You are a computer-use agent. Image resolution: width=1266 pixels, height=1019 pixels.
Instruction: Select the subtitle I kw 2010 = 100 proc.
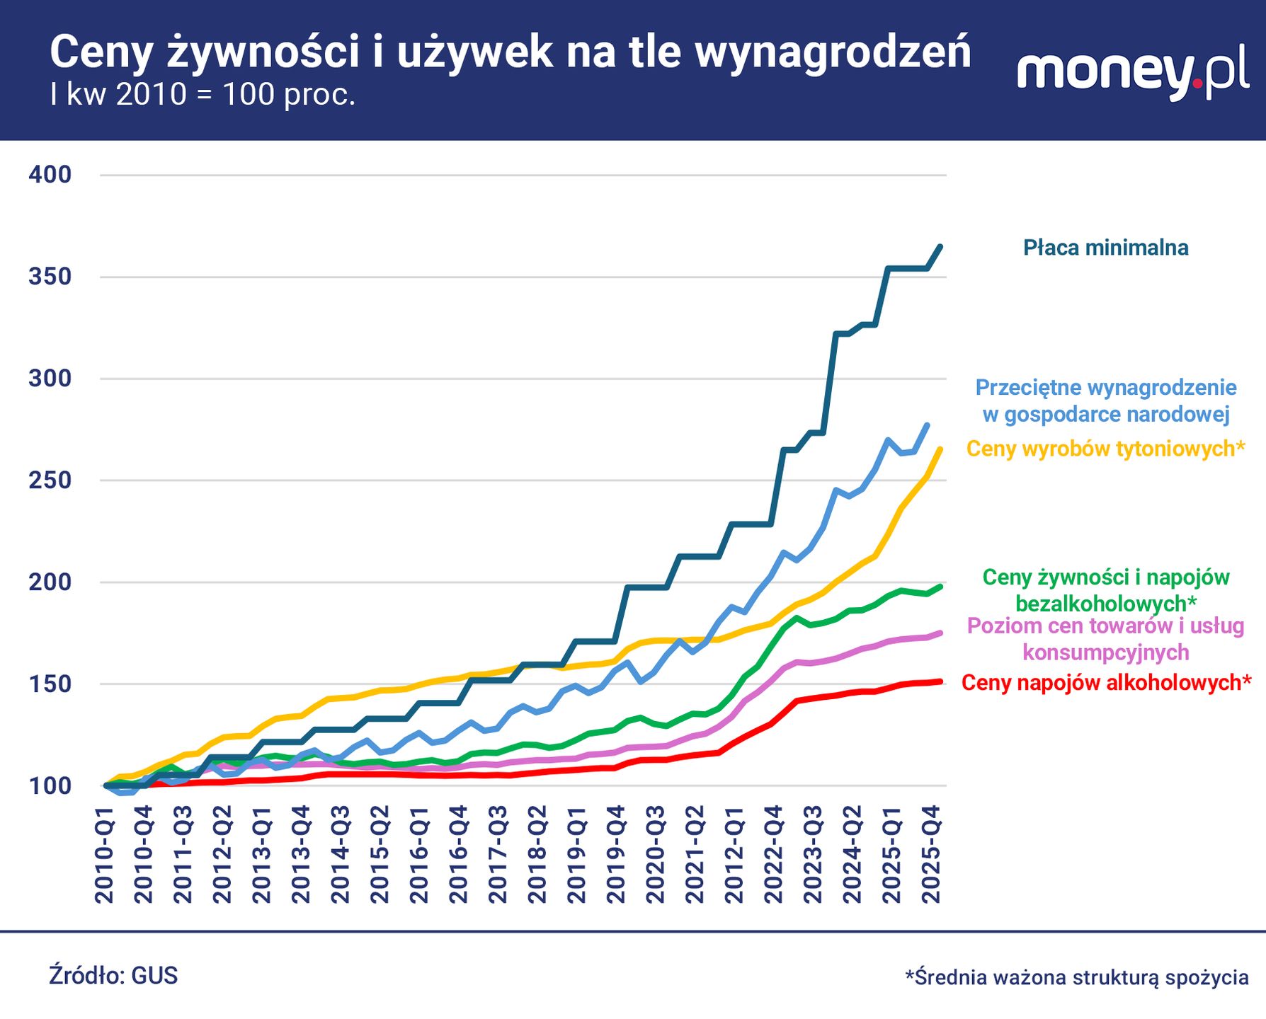coord(203,94)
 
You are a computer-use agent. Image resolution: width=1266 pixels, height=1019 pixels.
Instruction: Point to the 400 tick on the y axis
coord(50,174)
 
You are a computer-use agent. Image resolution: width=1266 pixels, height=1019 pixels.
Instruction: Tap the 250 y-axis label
coord(50,480)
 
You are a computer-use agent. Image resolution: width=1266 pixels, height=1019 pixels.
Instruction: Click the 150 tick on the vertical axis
coord(50,684)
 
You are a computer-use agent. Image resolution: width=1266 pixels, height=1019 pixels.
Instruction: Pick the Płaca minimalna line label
coord(1105,248)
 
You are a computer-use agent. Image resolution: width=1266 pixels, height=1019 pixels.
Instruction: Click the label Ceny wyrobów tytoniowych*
coord(1105,449)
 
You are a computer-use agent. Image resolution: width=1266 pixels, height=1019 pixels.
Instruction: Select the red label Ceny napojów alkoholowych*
coord(1106,683)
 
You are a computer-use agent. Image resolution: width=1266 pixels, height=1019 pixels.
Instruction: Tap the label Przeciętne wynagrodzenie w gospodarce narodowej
coord(1105,401)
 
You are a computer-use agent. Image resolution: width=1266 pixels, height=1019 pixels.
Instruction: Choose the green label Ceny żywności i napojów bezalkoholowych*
coord(1105,590)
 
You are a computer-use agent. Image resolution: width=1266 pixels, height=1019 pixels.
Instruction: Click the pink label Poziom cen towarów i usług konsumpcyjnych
coord(1105,638)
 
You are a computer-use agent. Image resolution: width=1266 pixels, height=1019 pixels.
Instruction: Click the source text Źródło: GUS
coord(113,976)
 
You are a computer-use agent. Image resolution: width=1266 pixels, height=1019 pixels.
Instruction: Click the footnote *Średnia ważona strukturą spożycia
coord(1076,977)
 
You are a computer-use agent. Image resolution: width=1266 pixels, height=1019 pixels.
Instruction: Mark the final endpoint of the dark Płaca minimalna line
coord(940,246)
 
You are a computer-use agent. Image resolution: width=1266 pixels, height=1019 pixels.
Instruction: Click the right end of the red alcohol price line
coord(940,681)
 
